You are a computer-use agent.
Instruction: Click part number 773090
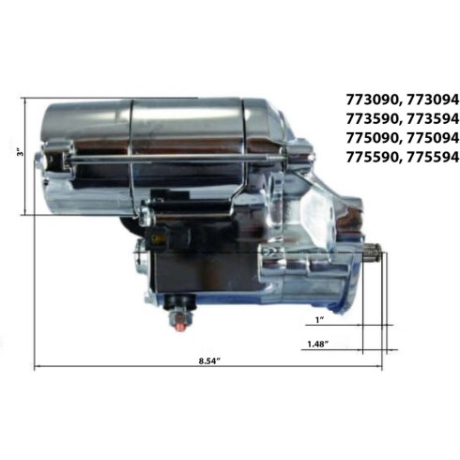click(x=371, y=100)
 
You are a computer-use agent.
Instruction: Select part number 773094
click(x=433, y=100)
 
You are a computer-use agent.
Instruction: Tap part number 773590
click(x=371, y=119)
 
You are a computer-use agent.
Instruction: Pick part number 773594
click(x=433, y=119)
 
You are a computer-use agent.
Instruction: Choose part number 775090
click(x=371, y=138)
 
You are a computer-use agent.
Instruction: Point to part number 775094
click(x=433, y=138)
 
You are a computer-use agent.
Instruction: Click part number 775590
click(x=371, y=157)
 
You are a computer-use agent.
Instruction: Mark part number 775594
click(x=433, y=157)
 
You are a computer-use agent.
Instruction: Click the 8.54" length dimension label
click(x=209, y=360)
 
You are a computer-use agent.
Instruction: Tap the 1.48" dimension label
click(x=317, y=345)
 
